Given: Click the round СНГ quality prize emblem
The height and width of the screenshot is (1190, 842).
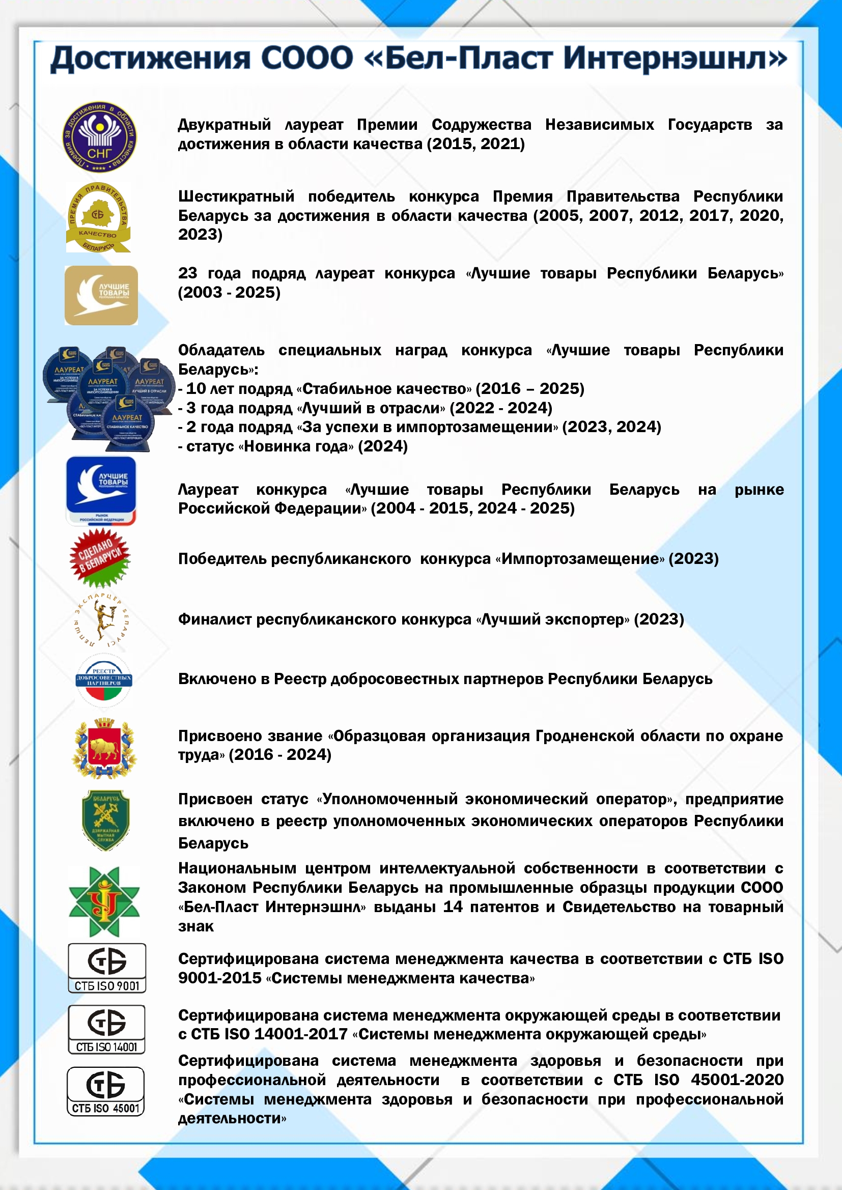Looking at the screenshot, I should click(x=100, y=137).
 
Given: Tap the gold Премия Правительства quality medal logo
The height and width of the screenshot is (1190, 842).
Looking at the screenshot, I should click(x=98, y=218).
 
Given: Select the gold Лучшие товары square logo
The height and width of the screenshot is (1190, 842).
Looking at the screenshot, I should click(x=101, y=295).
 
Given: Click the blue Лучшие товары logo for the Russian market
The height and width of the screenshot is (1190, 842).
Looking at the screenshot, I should click(x=101, y=490).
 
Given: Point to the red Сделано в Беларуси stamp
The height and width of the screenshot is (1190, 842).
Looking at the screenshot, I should click(x=100, y=558).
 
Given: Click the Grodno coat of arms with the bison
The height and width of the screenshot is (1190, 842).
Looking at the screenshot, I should click(x=104, y=748).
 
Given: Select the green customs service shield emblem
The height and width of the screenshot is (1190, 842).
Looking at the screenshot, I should click(x=106, y=820).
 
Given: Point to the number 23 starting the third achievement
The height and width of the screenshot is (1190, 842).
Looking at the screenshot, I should click(x=188, y=273).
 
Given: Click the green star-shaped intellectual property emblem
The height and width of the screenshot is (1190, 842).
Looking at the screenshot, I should click(x=104, y=902).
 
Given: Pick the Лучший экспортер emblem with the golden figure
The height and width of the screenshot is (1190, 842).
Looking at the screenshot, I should click(x=102, y=620).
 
